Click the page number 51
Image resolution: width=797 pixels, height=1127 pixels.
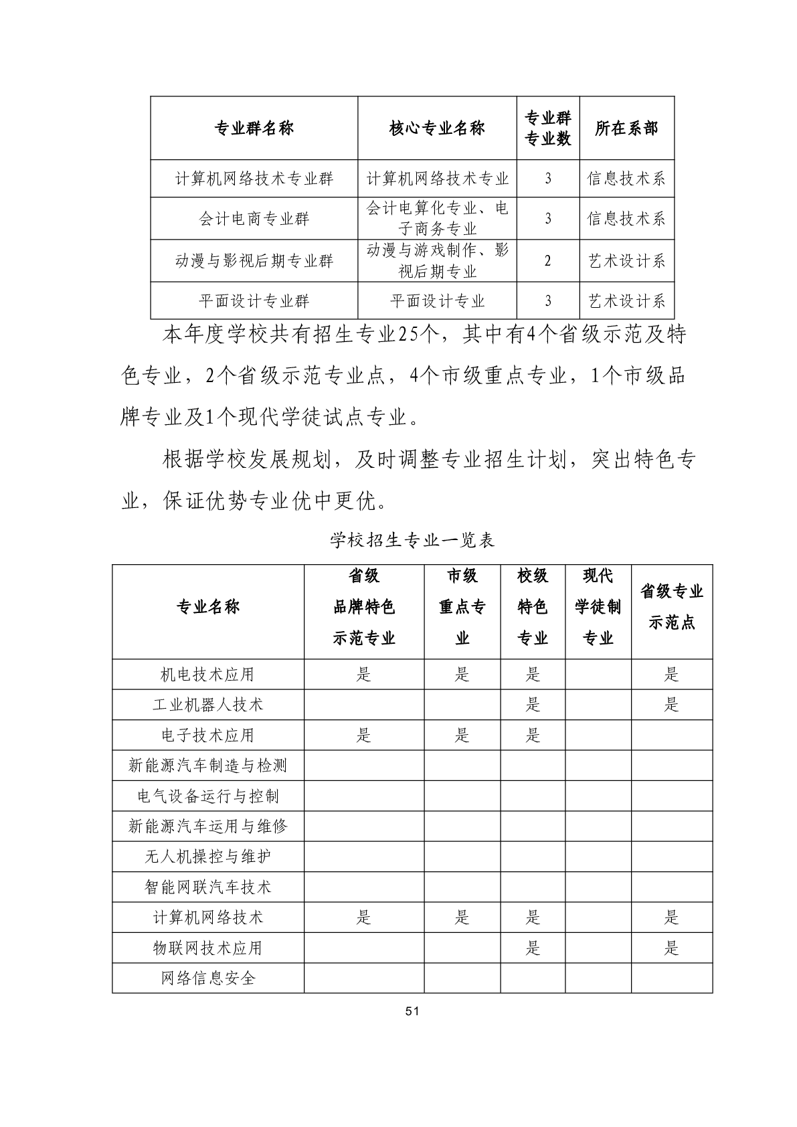pos(412,1011)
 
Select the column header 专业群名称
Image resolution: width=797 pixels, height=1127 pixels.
pos(254,128)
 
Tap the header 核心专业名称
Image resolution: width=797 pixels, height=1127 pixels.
pos(437,128)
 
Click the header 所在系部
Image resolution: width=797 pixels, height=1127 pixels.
pos(626,128)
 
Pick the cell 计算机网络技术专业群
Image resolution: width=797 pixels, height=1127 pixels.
pos(254,179)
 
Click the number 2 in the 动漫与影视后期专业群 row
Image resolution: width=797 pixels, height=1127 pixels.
pos(547,261)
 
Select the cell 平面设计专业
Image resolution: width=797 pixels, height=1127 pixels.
pos(437,301)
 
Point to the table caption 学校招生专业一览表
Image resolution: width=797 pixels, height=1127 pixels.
pos(412,540)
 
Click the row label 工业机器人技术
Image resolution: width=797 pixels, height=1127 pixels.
pos(207,705)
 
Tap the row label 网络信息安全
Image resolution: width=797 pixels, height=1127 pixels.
pos(207,978)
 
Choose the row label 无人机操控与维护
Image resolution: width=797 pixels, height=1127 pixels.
pos(207,857)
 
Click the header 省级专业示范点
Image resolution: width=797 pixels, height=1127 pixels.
pos(671,607)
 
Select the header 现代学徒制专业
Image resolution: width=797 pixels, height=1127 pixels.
pos(598,607)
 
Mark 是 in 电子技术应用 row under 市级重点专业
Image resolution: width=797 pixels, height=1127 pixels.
pos(462,735)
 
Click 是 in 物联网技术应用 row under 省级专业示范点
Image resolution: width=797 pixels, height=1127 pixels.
pos(671,948)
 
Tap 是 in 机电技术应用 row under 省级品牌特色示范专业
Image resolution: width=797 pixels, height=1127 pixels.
pos(363,675)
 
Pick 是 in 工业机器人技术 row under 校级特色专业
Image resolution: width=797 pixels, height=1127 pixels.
pos(533,705)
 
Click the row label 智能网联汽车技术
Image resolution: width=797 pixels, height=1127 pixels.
pos(207,887)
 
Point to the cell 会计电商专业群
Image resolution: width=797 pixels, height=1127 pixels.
pos(254,219)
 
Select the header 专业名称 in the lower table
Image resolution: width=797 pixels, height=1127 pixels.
pos(207,607)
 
